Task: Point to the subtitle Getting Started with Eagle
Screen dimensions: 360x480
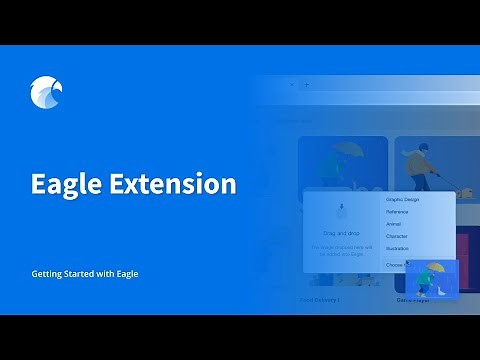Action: click(85, 273)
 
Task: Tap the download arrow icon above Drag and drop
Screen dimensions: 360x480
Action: click(342, 212)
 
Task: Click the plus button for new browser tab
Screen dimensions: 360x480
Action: click(306, 85)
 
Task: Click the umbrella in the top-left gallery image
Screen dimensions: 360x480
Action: click(350, 150)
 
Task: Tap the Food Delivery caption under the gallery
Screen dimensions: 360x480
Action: click(321, 299)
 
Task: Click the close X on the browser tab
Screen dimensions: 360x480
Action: click(292, 85)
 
